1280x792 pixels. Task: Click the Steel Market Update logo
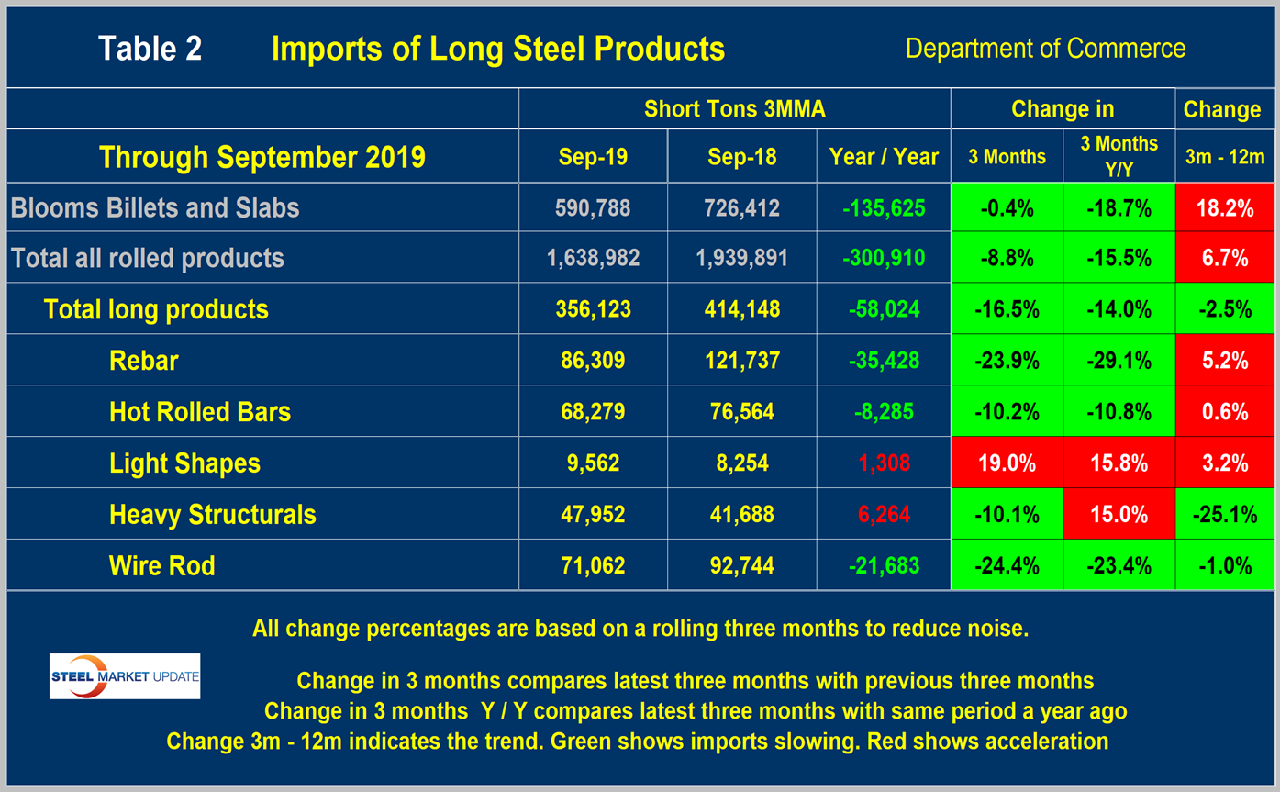point(124,676)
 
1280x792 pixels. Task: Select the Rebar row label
point(143,360)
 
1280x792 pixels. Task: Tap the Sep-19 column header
point(593,157)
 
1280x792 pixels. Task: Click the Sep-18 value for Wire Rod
point(741,564)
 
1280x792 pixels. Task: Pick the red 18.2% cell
point(1225,207)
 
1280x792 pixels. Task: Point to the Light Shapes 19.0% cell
point(1007,463)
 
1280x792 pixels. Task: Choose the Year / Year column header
point(883,157)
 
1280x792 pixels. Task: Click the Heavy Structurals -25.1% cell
point(1225,514)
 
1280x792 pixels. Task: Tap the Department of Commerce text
point(1045,48)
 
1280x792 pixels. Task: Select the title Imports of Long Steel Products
point(498,49)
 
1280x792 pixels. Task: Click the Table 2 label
point(150,49)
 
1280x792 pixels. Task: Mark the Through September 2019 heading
point(262,157)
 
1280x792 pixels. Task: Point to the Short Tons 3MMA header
point(734,109)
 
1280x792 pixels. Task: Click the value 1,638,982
point(593,258)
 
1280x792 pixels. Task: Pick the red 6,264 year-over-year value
point(883,514)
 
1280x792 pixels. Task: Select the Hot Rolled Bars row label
point(199,411)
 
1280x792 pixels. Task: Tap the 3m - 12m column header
point(1225,157)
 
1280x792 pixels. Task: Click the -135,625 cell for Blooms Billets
point(883,207)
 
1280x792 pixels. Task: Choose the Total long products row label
point(156,309)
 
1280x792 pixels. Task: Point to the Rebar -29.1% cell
point(1118,360)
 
